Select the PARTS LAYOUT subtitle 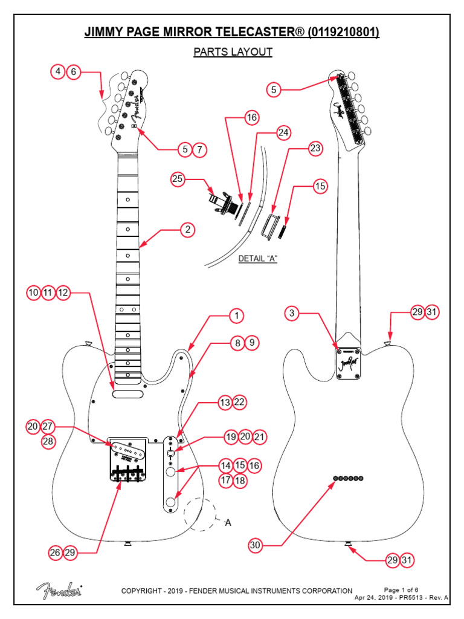233,52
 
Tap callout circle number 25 177,179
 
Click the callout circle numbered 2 188,230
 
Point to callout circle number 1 237,316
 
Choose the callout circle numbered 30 256,545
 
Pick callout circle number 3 292,313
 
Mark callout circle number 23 315,147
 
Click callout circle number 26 56,553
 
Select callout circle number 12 63,293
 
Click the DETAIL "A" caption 257,258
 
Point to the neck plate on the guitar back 349,363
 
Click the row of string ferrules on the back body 348,478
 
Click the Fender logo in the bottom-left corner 59,591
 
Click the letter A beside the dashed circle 228,522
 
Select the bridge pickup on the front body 127,447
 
